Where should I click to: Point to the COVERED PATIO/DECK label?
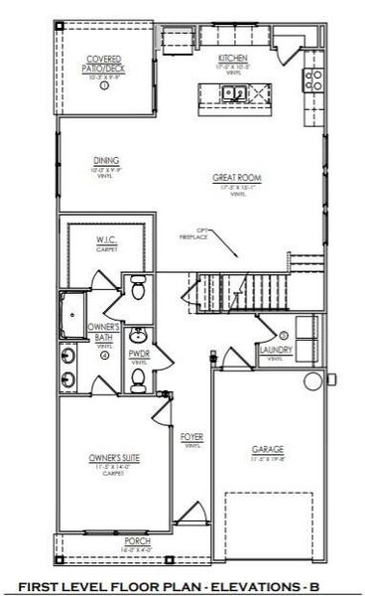[x=104, y=64]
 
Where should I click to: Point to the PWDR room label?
[x=139, y=352]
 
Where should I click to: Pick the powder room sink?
[x=139, y=334]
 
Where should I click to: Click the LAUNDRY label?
[x=275, y=351]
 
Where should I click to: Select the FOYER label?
[x=191, y=437]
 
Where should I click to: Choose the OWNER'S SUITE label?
[x=104, y=458]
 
